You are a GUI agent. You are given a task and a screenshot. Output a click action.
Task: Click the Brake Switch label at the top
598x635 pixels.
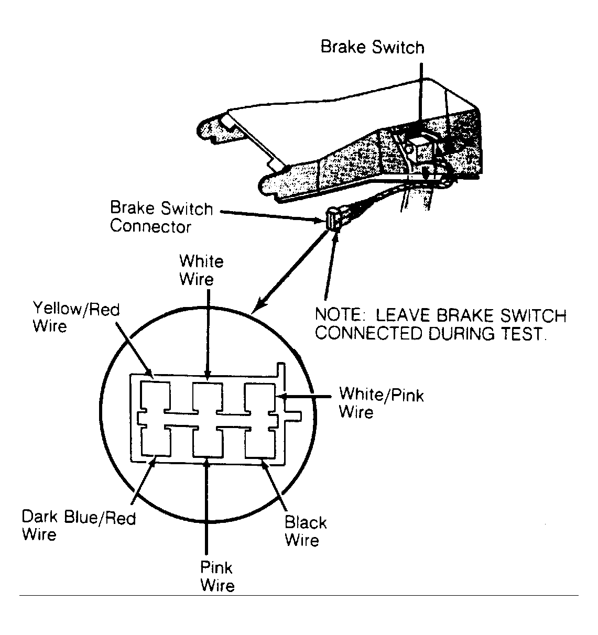coord(372,47)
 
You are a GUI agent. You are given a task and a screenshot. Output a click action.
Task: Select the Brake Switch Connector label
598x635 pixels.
coord(161,217)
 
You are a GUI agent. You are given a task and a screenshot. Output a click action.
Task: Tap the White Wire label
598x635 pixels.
coord(201,270)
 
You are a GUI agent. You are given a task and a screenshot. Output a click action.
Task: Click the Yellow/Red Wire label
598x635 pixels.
coord(75,317)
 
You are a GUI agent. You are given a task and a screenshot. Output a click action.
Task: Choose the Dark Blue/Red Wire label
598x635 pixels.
coord(79,525)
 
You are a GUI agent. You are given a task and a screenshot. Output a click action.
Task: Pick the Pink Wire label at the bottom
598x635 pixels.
coord(217,576)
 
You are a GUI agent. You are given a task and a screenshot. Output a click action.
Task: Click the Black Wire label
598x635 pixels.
coord(306,531)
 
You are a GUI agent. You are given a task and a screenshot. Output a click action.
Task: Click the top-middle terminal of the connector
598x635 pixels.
coord(208,398)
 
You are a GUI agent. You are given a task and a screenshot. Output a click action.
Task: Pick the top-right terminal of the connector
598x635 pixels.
coord(260,398)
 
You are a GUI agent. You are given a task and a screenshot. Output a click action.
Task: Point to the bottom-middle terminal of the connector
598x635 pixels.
coord(208,440)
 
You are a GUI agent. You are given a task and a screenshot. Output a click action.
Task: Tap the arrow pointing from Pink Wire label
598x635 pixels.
coord(207,508)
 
